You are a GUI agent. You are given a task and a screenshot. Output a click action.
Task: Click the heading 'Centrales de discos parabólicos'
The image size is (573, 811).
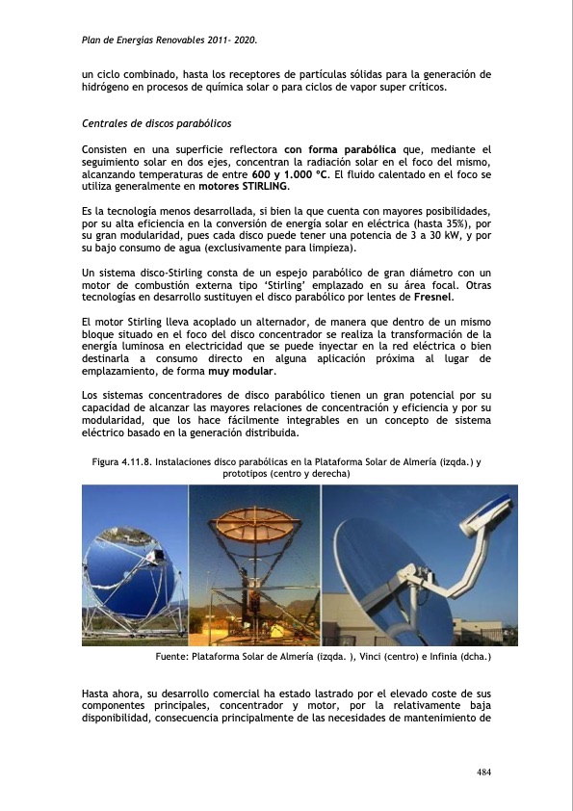[x=157, y=124]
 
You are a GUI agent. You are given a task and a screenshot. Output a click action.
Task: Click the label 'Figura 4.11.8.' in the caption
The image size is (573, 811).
[x=122, y=462]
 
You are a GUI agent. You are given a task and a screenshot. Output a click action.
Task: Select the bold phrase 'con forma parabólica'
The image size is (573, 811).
[x=340, y=149]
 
